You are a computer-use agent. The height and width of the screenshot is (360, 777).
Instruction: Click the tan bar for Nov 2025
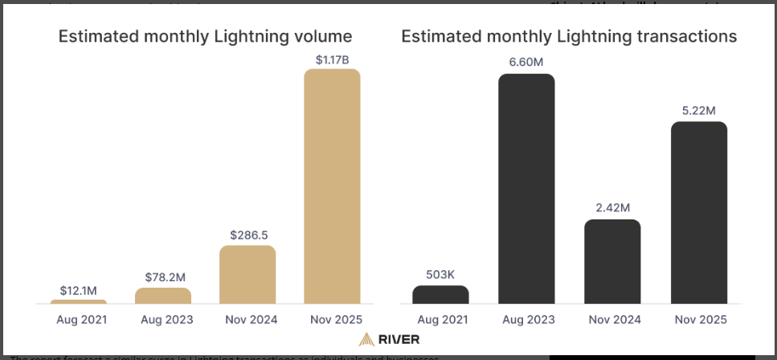[x=332, y=186]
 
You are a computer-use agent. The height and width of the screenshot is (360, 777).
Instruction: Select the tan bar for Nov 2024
[x=247, y=275]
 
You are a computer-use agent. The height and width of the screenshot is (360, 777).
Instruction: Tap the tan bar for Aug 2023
[x=163, y=296]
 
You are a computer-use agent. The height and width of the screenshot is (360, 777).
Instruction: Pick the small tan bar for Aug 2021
[x=79, y=301]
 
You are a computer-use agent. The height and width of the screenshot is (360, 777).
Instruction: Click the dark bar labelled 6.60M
[x=526, y=189]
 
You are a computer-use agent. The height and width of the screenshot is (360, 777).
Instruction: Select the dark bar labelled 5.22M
[x=698, y=213]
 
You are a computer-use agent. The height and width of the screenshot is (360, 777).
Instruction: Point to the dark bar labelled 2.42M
[x=612, y=261]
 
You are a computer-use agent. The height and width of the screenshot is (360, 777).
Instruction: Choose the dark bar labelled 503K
[x=440, y=294]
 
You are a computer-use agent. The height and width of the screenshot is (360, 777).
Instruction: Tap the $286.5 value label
[x=247, y=235]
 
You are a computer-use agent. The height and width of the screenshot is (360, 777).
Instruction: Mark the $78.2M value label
[x=163, y=276]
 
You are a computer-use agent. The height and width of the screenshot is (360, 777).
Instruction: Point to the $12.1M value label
[x=79, y=289]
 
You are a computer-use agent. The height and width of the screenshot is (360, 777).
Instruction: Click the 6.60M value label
[x=526, y=62]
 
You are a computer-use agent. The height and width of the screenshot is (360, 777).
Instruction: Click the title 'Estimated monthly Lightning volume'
[x=205, y=36]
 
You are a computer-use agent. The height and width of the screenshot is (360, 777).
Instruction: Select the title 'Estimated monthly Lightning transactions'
[x=569, y=36]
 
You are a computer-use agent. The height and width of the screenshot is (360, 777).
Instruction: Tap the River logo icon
[x=366, y=339]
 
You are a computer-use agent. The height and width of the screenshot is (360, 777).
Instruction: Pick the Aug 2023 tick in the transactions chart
[x=526, y=320]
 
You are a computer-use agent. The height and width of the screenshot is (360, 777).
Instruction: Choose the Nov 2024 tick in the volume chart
[x=247, y=320]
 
